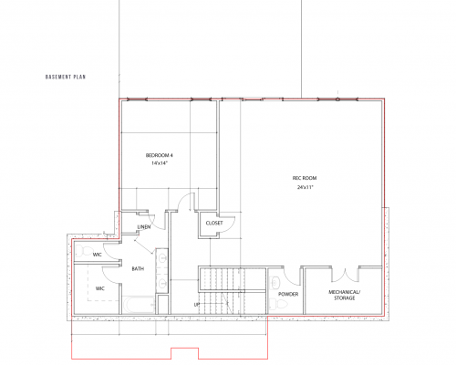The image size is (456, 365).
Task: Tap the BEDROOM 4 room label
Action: (159, 156)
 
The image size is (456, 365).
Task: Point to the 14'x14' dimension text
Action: (159, 164)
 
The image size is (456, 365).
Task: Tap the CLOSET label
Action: (214, 223)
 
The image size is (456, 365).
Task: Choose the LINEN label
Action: (144, 226)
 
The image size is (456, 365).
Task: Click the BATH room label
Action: (138, 269)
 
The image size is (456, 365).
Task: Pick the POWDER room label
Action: (288, 295)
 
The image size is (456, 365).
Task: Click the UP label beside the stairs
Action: (196, 304)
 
